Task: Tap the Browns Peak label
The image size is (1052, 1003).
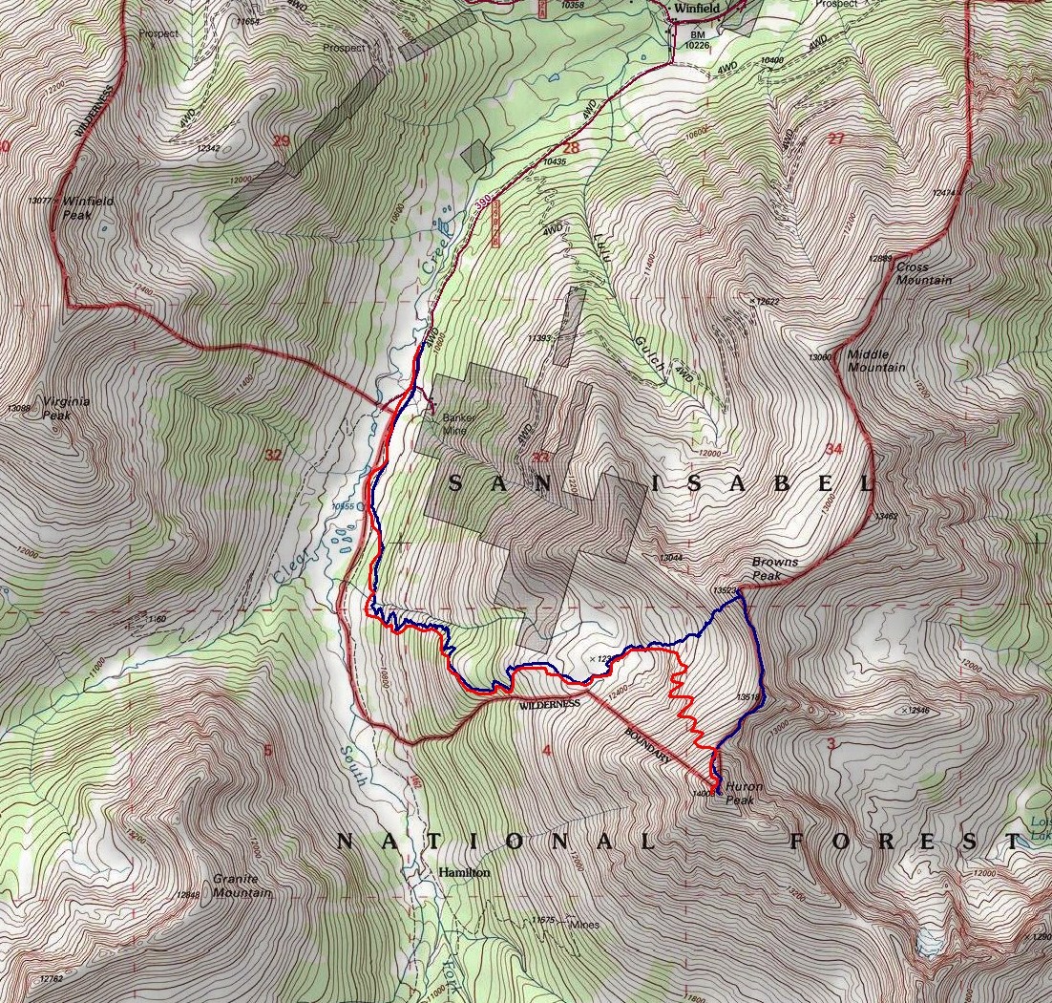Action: pyautogui.click(x=774, y=568)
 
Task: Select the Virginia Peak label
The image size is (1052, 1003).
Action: pyautogui.click(x=67, y=408)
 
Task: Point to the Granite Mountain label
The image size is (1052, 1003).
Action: pyautogui.click(x=242, y=886)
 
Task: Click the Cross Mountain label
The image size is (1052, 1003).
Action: pyautogui.click(x=923, y=273)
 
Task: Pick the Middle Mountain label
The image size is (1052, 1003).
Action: pyautogui.click(x=874, y=360)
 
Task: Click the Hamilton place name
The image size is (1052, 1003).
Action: pyautogui.click(x=464, y=873)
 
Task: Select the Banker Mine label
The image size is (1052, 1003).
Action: pyautogui.click(x=457, y=423)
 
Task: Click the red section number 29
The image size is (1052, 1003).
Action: pyautogui.click(x=281, y=141)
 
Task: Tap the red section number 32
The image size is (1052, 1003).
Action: pyautogui.click(x=273, y=455)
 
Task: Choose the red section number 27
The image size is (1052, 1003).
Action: pyautogui.click(x=836, y=139)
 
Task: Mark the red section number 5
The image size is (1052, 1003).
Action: pyautogui.click(x=268, y=751)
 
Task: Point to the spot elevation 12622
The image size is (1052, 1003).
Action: pyautogui.click(x=766, y=302)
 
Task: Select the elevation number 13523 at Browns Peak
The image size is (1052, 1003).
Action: pyautogui.click(x=726, y=590)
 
